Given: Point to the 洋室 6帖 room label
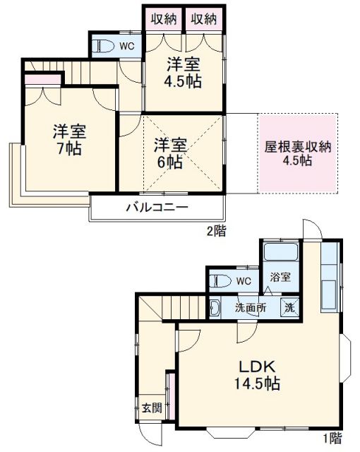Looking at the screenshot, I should tap(171, 153).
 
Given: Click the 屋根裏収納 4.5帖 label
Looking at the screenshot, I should tap(298, 153).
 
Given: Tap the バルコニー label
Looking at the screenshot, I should tap(157, 208).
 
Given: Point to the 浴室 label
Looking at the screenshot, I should tap(280, 278).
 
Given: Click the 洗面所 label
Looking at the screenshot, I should tap(251, 308).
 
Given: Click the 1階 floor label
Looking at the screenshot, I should tap(332, 438).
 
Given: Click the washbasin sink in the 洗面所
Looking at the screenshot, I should tap(215, 308).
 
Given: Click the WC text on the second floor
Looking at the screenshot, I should tap(127, 47).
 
